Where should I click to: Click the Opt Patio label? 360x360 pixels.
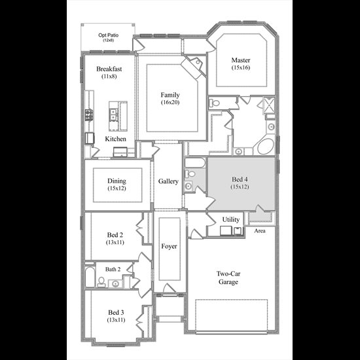(109, 35)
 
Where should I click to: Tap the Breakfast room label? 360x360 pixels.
(109, 69)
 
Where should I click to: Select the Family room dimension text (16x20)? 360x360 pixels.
(170, 102)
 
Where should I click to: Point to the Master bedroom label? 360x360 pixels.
(241, 60)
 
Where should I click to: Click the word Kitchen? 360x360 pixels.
(115, 139)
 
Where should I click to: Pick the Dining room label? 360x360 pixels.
(117, 181)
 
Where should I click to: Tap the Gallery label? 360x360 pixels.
(168, 181)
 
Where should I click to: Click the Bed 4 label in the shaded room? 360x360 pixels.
(240, 179)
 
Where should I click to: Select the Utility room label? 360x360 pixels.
(231, 219)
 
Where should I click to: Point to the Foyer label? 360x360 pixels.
(169, 246)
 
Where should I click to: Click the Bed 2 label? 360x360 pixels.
(115, 235)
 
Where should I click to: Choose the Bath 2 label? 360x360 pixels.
(113, 269)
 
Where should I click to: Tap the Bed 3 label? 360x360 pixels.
(116, 312)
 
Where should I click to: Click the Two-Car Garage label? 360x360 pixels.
(228, 278)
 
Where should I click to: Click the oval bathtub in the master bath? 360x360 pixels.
(266, 146)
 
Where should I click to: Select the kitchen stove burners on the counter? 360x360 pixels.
(89, 115)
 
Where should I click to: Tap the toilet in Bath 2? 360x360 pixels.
(101, 282)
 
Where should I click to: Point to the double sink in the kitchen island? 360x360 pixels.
(113, 115)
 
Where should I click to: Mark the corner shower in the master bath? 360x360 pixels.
(269, 105)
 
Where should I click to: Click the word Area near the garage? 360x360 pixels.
(260, 231)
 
